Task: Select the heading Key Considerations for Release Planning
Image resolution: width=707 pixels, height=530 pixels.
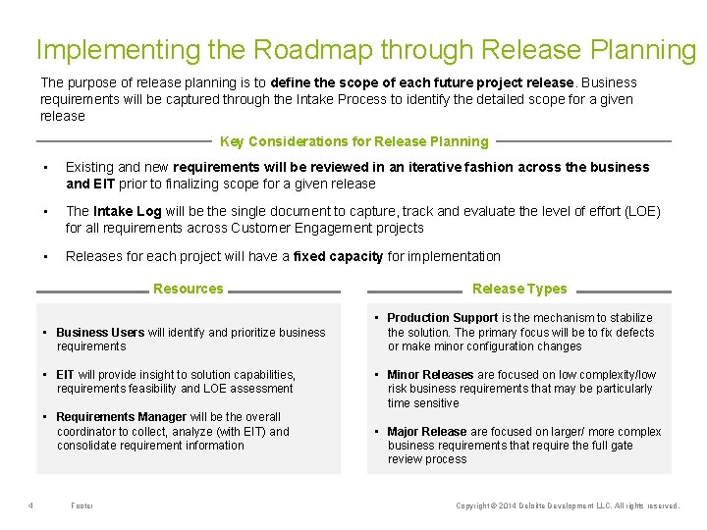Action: tap(353, 141)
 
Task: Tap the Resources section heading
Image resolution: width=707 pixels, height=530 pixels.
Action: tap(188, 289)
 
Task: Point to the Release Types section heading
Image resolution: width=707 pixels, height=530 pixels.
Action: tap(519, 289)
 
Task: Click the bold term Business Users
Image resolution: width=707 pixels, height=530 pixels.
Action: tap(100, 333)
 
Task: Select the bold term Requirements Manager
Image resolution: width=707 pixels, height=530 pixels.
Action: tap(121, 417)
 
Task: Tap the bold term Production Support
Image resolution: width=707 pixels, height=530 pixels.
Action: tap(443, 318)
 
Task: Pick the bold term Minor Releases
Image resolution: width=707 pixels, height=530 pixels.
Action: tap(430, 375)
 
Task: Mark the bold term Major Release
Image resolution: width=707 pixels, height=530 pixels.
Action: tap(426, 432)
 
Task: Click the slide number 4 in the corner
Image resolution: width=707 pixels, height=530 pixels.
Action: tap(31, 505)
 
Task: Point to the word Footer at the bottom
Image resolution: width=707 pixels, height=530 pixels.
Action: tap(82, 505)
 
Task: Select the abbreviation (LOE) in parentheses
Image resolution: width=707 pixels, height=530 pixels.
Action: tap(640, 212)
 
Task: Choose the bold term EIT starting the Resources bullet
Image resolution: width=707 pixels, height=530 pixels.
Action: tap(66, 375)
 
